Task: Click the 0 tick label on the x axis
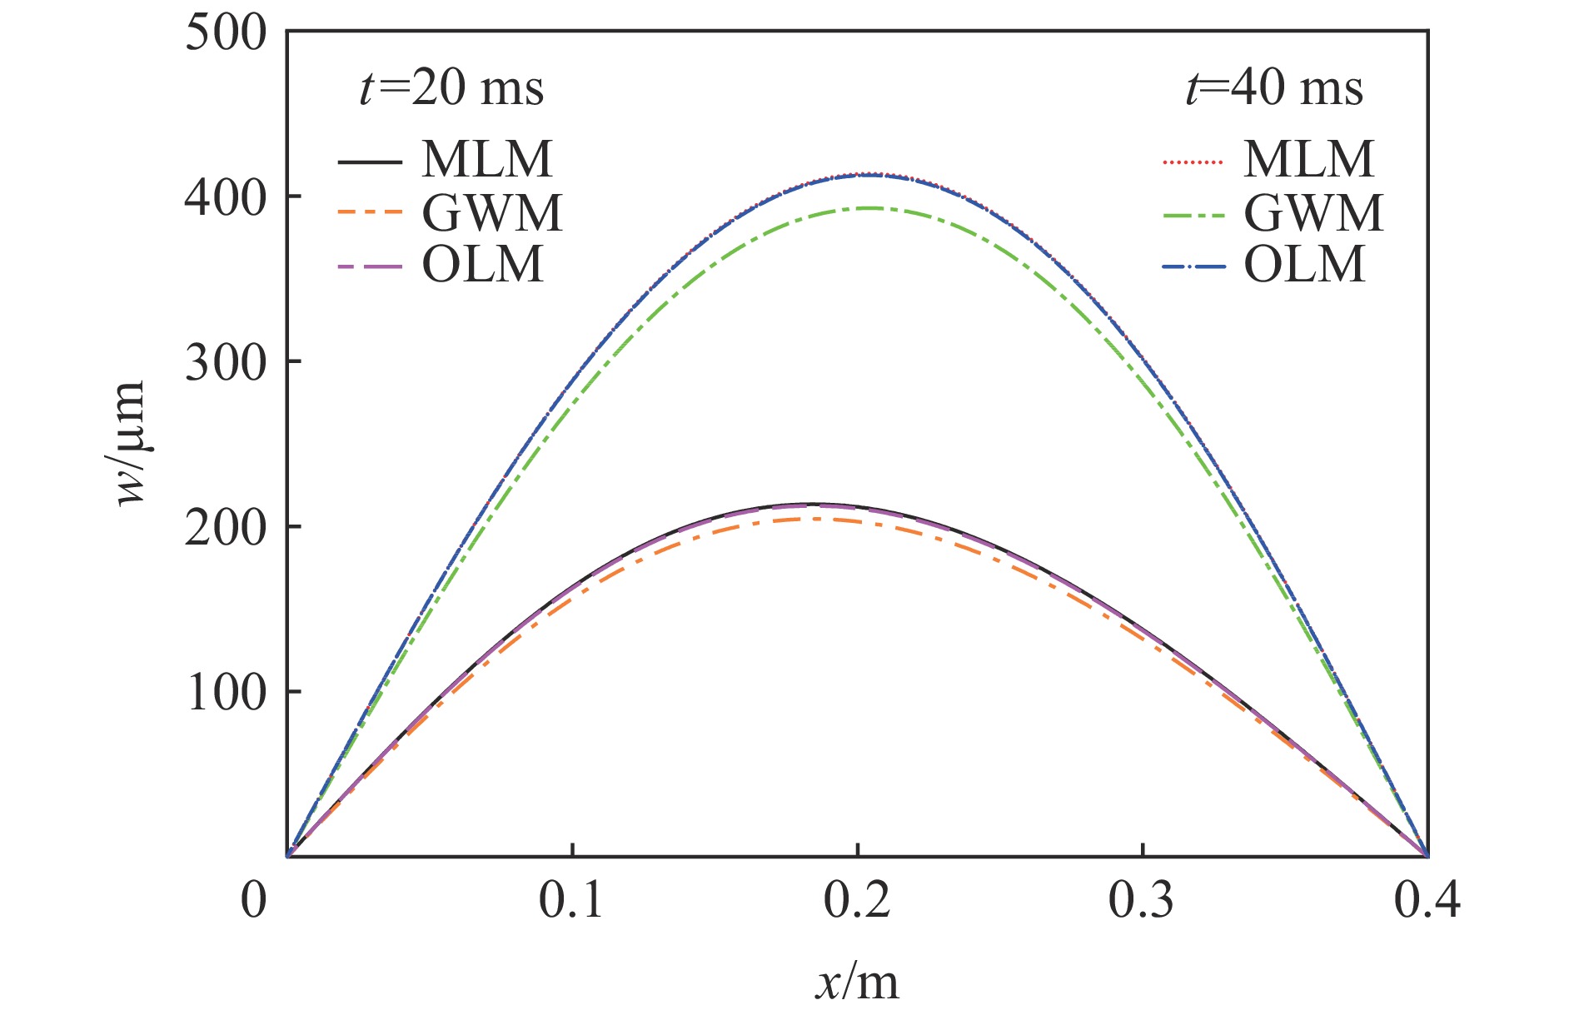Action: tap(253, 900)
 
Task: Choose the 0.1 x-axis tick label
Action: tap(571, 900)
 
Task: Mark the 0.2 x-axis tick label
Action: tap(857, 900)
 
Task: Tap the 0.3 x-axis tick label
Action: tap(1142, 900)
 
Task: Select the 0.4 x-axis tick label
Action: tap(1427, 900)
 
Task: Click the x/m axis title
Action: tap(857, 983)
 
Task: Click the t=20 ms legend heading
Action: tap(451, 87)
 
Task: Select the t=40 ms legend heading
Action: tap(1274, 87)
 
